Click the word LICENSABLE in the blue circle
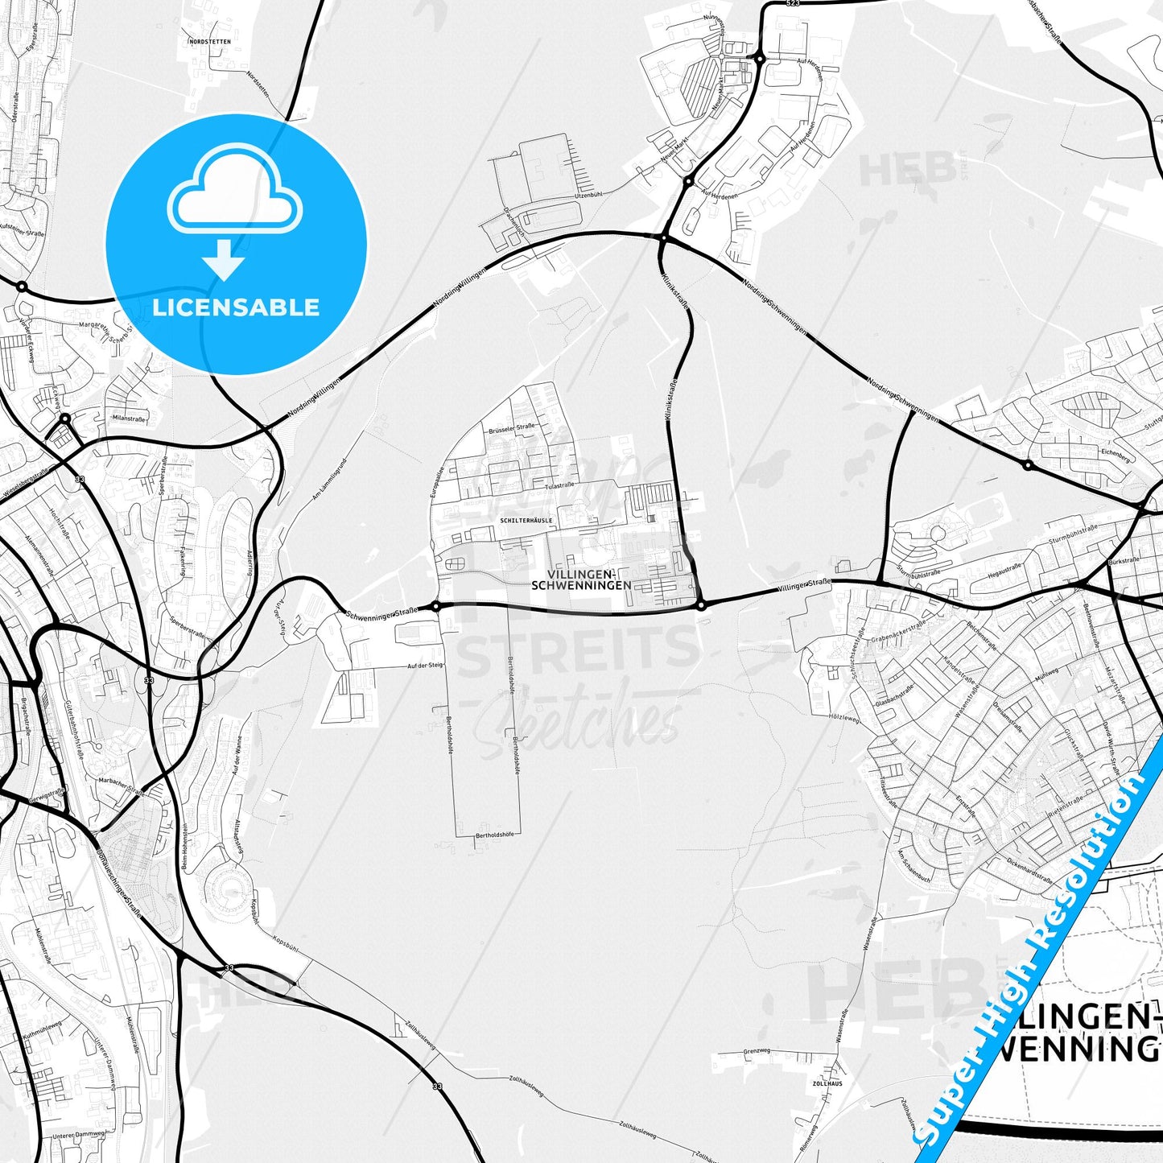click(x=236, y=307)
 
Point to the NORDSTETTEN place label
click(x=209, y=40)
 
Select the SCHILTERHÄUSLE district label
click(x=526, y=521)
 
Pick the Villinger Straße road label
click(x=804, y=586)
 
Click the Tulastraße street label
click(x=559, y=486)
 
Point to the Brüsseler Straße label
click(x=512, y=428)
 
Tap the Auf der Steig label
click(x=425, y=666)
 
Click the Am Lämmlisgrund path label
click(x=329, y=480)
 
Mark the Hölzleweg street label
click(x=844, y=717)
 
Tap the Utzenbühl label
click(x=588, y=194)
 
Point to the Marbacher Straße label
click(x=122, y=786)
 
